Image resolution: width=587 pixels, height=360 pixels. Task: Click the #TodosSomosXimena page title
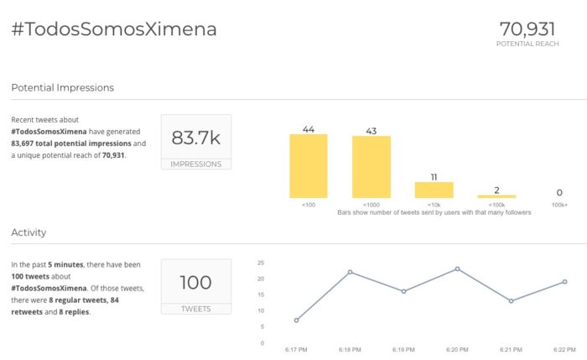[x=114, y=29]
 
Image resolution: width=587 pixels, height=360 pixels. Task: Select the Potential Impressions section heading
[x=63, y=87]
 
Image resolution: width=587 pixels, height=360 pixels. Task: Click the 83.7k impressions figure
[x=195, y=138]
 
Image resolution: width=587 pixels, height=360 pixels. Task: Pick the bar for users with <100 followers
[x=308, y=166]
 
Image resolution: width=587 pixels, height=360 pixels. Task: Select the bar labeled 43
[x=371, y=167]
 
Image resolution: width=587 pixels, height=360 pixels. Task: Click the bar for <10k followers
[x=434, y=190]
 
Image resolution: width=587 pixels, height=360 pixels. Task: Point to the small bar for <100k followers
[x=496, y=196]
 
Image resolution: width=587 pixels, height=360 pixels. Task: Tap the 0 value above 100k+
[x=559, y=192]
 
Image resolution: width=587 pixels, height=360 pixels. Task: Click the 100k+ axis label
[x=559, y=204]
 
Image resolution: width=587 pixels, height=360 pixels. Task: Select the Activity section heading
[x=29, y=232]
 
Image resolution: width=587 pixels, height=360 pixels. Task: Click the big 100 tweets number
[x=195, y=283]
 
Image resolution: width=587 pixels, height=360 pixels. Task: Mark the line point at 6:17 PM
[x=297, y=321]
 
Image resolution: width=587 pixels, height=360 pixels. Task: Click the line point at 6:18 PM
[x=350, y=272]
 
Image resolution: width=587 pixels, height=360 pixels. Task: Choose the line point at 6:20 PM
[x=457, y=269]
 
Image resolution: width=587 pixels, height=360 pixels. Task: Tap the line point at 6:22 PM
[x=564, y=282]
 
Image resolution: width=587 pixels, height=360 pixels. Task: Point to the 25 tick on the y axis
[x=261, y=263]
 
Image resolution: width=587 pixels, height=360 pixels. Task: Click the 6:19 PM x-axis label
[x=403, y=348]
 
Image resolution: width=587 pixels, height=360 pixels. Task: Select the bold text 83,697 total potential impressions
[x=77, y=143]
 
